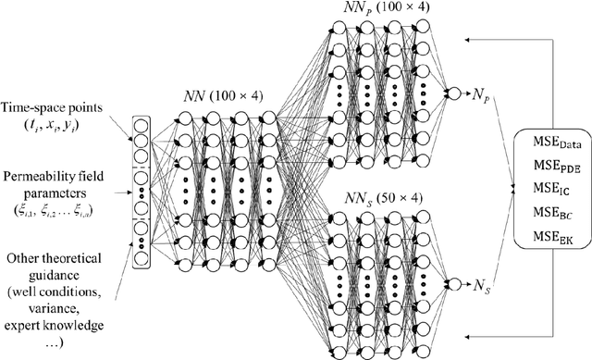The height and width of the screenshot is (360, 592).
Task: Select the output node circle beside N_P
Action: pyautogui.click(x=451, y=93)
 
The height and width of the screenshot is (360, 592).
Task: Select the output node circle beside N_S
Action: pyautogui.click(x=451, y=283)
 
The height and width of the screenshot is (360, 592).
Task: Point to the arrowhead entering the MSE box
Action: pyautogui.click(x=513, y=188)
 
